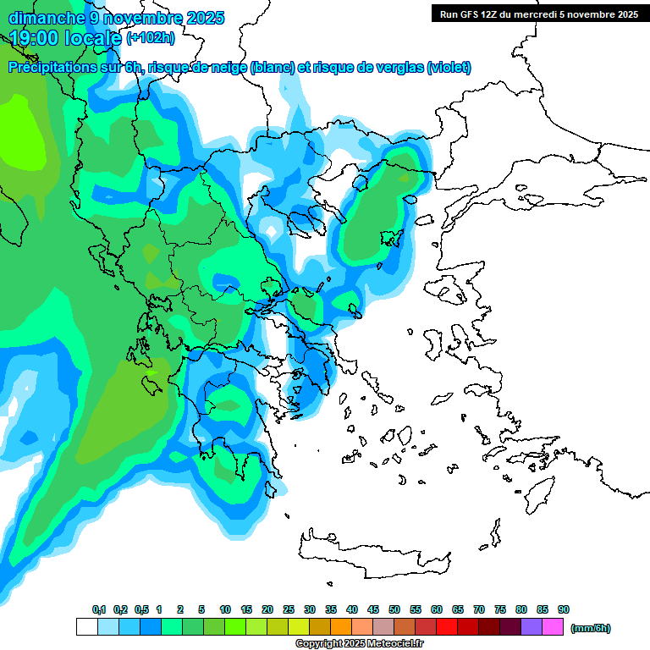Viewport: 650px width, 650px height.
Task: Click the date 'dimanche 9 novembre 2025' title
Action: coord(116,17)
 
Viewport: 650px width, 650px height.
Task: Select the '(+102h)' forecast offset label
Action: coord(151,38)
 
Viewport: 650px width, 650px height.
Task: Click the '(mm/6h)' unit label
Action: coord(590,628)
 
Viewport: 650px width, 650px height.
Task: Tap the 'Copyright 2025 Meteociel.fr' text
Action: coord(359,644)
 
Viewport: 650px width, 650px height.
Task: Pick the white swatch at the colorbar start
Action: coord(86,627)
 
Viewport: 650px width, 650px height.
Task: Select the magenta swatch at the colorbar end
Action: coord(553,627)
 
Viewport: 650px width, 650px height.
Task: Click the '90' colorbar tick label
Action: coord(564,609)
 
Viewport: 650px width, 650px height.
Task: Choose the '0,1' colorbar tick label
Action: coord(99,609)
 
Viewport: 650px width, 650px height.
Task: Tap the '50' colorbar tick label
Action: coord(394,609)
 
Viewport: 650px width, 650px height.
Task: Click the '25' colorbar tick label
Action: coord(289,609)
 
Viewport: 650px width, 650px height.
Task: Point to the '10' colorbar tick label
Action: coord(225,609)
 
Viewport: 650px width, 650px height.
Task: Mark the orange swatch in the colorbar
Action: coord(341,627)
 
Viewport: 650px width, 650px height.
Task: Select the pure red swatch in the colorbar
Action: coord(447,627)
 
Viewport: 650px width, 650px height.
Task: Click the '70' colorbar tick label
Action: coord(479,609)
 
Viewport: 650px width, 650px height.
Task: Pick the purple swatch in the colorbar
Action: coord(532,627)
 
